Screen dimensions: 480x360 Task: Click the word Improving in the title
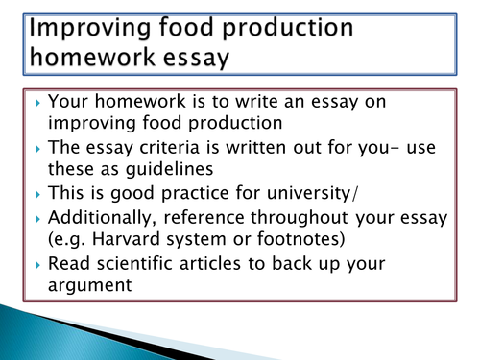click(x=89, y=29)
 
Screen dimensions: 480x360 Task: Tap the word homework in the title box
click(x=92, y=57)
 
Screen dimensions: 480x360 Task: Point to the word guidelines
click(x=169, y=169)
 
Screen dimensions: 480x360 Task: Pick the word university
click(x=308, y=193)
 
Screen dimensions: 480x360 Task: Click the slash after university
click(x=355, y=194)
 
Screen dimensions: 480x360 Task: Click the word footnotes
click(x=299, y=239)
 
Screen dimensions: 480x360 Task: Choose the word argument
click(x=89, y=286)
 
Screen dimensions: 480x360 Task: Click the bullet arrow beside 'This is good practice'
click(x=37, y=194)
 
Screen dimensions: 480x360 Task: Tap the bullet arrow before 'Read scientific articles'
click(x=37, y=265)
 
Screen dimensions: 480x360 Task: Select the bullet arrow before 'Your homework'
click(x=37, y=103)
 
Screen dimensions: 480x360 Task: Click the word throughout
click(x=300, y=218)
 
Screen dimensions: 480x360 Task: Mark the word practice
click(x=196, y=194)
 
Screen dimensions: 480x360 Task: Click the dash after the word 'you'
click(x=395, y=149)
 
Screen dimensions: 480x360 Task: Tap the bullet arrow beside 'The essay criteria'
click(x=37, y=149)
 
